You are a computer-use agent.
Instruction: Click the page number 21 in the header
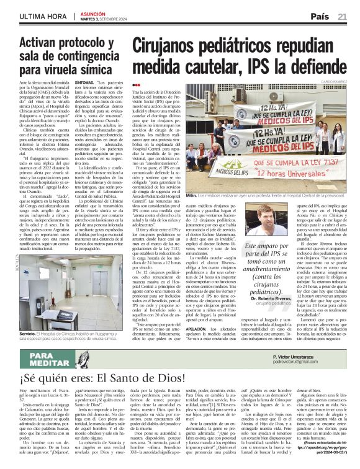click(342, 17)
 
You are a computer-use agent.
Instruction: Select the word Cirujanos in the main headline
click(171, 47)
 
